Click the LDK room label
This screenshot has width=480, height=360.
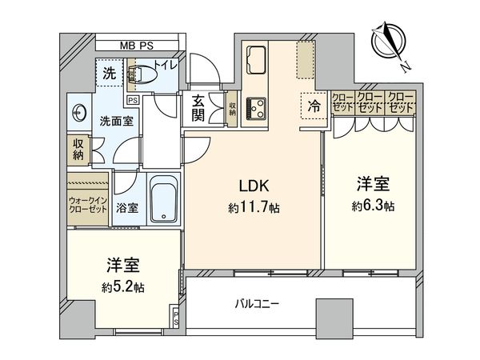pos(254,186)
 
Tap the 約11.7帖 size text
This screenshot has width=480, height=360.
pos(254,208)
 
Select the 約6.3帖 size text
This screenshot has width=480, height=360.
pos(373,206)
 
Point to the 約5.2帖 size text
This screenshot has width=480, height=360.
pos(122,287)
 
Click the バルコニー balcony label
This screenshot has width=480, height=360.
pos(257,304)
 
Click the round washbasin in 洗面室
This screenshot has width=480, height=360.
pos(79,113)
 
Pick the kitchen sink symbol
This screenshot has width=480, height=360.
pos(256,60)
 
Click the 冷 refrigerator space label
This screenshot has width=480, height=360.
pos(314,106)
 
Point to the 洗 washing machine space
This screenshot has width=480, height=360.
pos(110,73)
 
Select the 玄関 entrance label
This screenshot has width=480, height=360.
pos(198,108)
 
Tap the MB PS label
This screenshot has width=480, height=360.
pos(136,46)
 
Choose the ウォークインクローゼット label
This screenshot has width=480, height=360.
pos(87,205)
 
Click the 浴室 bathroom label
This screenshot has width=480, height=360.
pos(127,208)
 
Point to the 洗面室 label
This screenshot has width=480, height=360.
pos(117,122)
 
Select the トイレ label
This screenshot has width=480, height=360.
pos(166,66)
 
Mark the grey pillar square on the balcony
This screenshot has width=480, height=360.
pos(334,314)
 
